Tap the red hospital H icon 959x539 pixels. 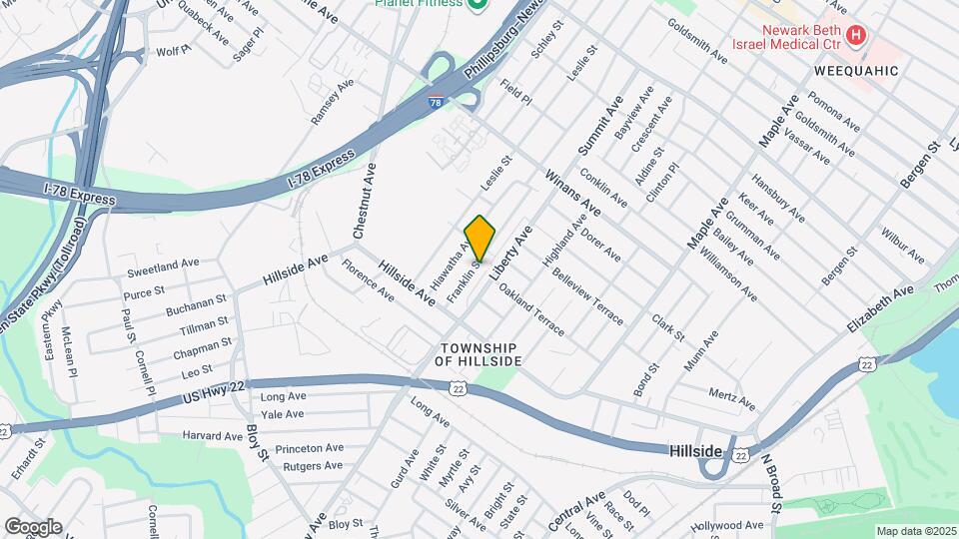point(855,37)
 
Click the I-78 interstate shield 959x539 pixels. point(436,102)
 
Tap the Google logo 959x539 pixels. point(32,526)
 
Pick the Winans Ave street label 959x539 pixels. point(572,194)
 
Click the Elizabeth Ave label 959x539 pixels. point(880,309)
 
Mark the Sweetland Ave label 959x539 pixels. point(163,266)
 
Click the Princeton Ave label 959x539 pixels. point(309,448)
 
